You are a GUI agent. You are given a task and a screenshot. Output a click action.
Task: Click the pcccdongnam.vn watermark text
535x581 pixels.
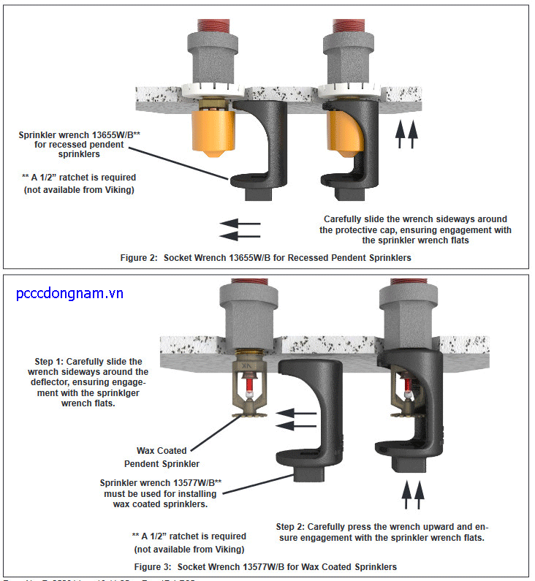(69, 294)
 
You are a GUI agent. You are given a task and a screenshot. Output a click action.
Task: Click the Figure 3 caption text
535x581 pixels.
(266, 566)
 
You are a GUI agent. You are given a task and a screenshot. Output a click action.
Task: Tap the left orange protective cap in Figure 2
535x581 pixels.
(213, 131)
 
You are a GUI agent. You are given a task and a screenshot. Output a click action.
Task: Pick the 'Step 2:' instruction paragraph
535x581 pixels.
(382, 532)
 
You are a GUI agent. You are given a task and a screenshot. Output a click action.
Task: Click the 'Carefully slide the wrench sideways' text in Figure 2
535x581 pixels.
(415, 229)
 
